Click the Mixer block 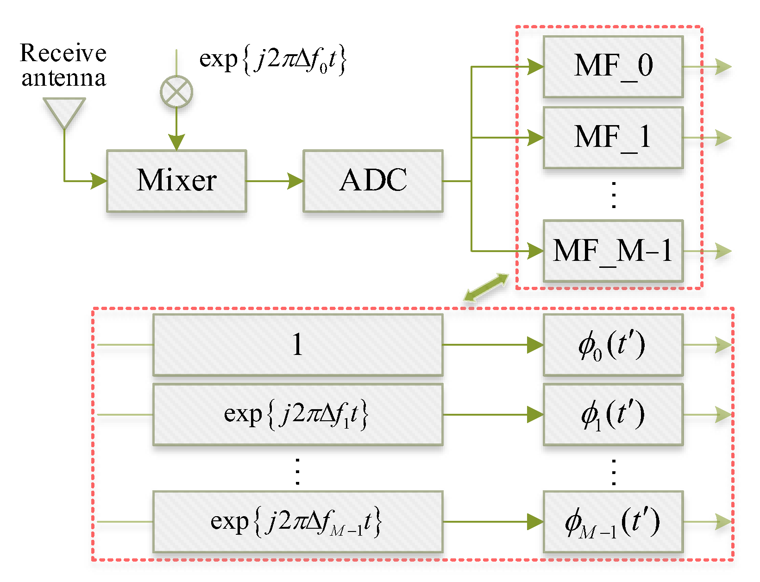pos(176,181)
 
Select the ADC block pos(373,181)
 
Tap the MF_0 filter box pos(613,67)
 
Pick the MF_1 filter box pos(613,138)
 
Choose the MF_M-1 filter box pos(613,251)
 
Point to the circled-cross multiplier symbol pos(176,92)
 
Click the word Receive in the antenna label pos(63,53)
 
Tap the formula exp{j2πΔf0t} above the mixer pos(273,60)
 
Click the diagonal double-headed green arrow pos(486,287)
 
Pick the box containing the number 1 pos(298,345)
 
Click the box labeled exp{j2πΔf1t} pos(298,415)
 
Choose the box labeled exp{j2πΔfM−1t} pos(298,522)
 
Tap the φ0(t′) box pos(613,345)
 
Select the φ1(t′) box pos(613,415)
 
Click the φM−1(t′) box pos(613,522)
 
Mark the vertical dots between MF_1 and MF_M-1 pos(614,195)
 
